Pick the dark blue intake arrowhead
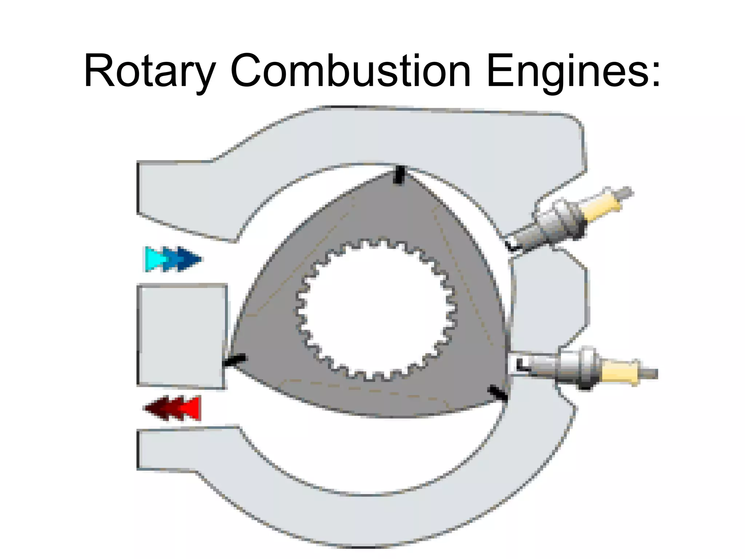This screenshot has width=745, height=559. click(x=190, y=259)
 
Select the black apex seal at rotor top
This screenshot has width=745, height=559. click(x=399, y=175)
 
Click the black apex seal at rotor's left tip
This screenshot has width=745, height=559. click(x=235, y=361)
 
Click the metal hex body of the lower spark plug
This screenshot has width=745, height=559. click(x=578, y=368)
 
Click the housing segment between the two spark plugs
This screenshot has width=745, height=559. click(x=549, y=298)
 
